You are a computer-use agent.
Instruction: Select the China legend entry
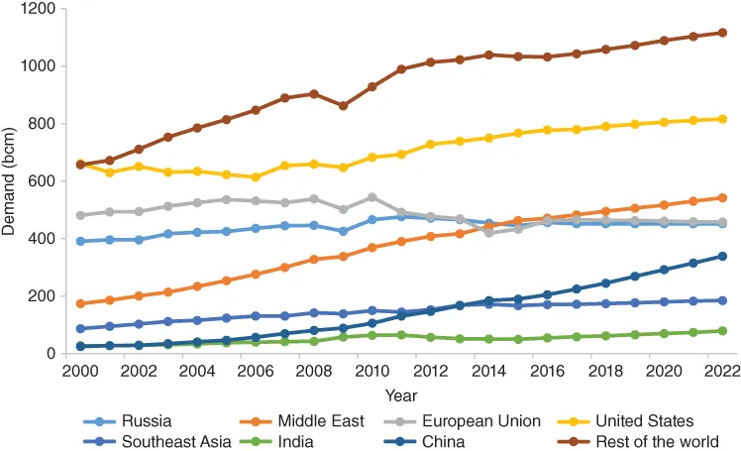[x=444, y=441]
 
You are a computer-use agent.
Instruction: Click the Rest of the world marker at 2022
[x=721, y=33]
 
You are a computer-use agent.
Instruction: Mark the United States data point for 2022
[x=721, y=119]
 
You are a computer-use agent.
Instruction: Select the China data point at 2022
[x=721, y=256]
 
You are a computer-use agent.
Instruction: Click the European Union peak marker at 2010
[x=372, y=197]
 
